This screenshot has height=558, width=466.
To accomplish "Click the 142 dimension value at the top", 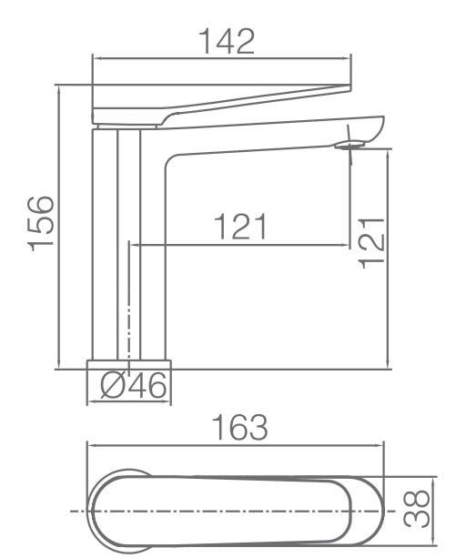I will point(226,41).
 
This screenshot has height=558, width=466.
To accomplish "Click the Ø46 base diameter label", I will point(134,388).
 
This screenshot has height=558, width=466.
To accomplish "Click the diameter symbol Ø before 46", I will point(111,388).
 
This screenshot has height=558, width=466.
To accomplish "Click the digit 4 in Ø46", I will point(135,388).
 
